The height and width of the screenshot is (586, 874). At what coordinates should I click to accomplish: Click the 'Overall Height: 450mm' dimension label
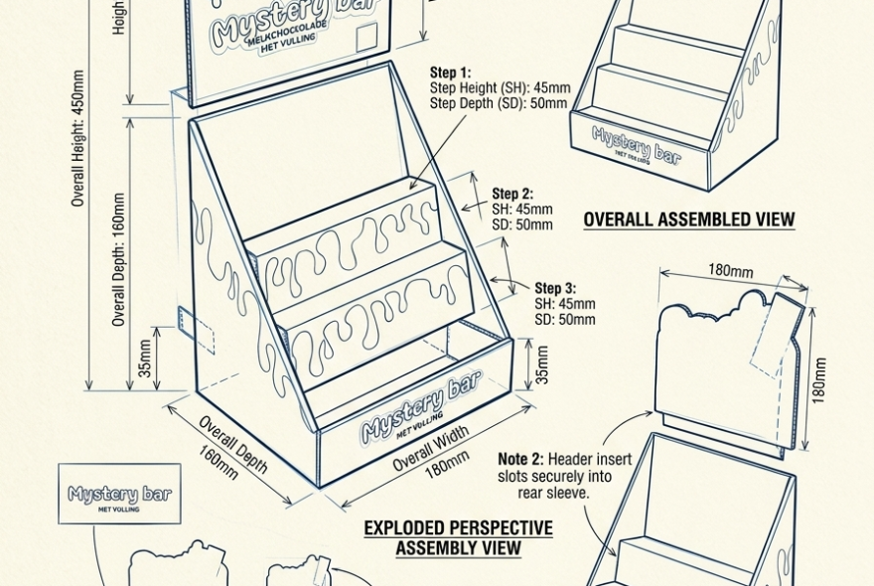pos(78,138)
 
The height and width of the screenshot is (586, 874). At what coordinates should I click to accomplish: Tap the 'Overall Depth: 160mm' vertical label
pos(119,260)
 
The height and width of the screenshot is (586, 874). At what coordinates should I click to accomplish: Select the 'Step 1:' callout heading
pos(450,73)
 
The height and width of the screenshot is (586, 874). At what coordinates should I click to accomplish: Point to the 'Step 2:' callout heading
pos(512,194)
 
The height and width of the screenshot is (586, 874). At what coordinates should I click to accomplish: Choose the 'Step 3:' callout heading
pos(555,288)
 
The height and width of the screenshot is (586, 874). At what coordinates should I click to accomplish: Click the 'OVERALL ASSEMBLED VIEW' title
pos(688,220)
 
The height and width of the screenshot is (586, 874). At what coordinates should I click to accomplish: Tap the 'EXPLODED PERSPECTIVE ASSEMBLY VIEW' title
pos(458,537)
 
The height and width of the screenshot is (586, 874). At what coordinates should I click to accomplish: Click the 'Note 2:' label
pos(520,459)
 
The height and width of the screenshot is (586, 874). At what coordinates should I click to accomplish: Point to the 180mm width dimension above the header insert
pos(730,270)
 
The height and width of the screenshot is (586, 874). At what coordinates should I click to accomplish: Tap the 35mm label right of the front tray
pos(542,366)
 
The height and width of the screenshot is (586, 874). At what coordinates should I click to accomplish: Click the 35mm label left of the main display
pos(145,359)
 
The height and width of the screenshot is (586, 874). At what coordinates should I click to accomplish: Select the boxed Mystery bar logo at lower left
pos(119,494)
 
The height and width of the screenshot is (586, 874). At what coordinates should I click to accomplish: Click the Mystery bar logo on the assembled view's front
pos(637,145)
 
